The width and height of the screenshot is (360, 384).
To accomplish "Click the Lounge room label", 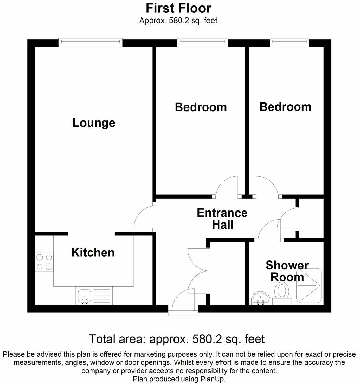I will coord(94,123).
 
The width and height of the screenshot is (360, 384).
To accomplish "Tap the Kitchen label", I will coord(93,253).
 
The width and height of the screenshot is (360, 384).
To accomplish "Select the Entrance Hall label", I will coord(222,219).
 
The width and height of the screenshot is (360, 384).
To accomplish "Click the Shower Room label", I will coord(287,271).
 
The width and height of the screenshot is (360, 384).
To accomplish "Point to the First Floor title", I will coord(178,8).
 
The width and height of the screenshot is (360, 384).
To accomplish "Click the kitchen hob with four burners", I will coord(44,261).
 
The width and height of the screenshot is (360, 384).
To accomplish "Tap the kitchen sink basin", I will coord(84,296).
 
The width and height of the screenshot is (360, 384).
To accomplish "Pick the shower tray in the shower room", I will coord(309,285).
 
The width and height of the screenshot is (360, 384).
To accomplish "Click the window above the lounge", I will coord(90,42).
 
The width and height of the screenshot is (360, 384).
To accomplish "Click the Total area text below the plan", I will coord(177,339).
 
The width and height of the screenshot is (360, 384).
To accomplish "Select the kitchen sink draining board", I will coord(102,296).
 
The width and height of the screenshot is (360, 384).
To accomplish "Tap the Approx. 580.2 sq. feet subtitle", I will coord(178,21).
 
